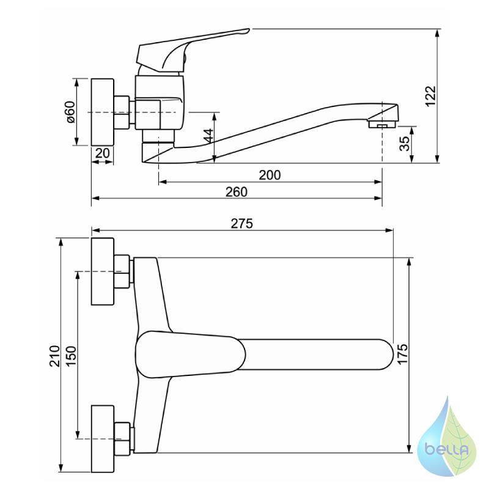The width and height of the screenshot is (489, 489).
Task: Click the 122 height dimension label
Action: (x=431, y=96)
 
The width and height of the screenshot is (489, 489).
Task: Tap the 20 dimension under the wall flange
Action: (x=102, y=153)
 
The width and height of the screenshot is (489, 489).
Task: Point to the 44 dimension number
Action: (x=208, y=135)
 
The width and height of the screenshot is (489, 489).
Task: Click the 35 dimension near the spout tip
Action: (x=405, y=144)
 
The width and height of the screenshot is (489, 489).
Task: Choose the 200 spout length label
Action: (x=270, y=175)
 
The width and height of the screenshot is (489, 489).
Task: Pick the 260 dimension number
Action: (x=237, y=192)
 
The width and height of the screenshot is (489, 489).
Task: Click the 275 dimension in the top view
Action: (x=241, y=224)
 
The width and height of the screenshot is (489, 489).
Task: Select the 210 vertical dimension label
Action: (x=55, y=356)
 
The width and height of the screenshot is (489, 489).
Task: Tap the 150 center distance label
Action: (x=72, y=356)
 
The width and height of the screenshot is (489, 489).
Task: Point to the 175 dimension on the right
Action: (x=403, y=354)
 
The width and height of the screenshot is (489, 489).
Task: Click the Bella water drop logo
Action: (x=447, y=438)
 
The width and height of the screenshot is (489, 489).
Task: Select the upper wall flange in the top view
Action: (x=103, y=271)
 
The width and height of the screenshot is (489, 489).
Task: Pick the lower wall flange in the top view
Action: (x=103, y=439)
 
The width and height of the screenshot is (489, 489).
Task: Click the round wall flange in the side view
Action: (x=103, y=112)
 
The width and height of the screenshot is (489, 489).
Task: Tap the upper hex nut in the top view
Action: (x=122, y=271)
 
